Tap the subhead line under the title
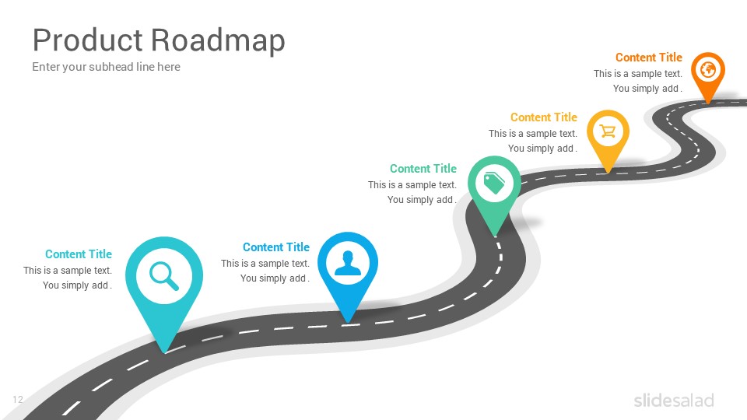107,67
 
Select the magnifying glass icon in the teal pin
164,275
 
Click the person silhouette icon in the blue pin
348,264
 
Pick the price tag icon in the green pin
494,183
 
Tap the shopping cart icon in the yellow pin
608,131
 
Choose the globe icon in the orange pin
708,69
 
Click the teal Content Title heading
79,254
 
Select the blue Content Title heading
276,247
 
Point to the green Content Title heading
423,169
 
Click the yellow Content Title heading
544,117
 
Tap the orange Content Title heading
649,57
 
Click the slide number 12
18,400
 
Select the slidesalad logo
674,401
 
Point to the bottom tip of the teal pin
164,353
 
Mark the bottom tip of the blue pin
349,323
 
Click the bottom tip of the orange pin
708,103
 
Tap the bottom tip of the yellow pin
608,173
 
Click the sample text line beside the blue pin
265,264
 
